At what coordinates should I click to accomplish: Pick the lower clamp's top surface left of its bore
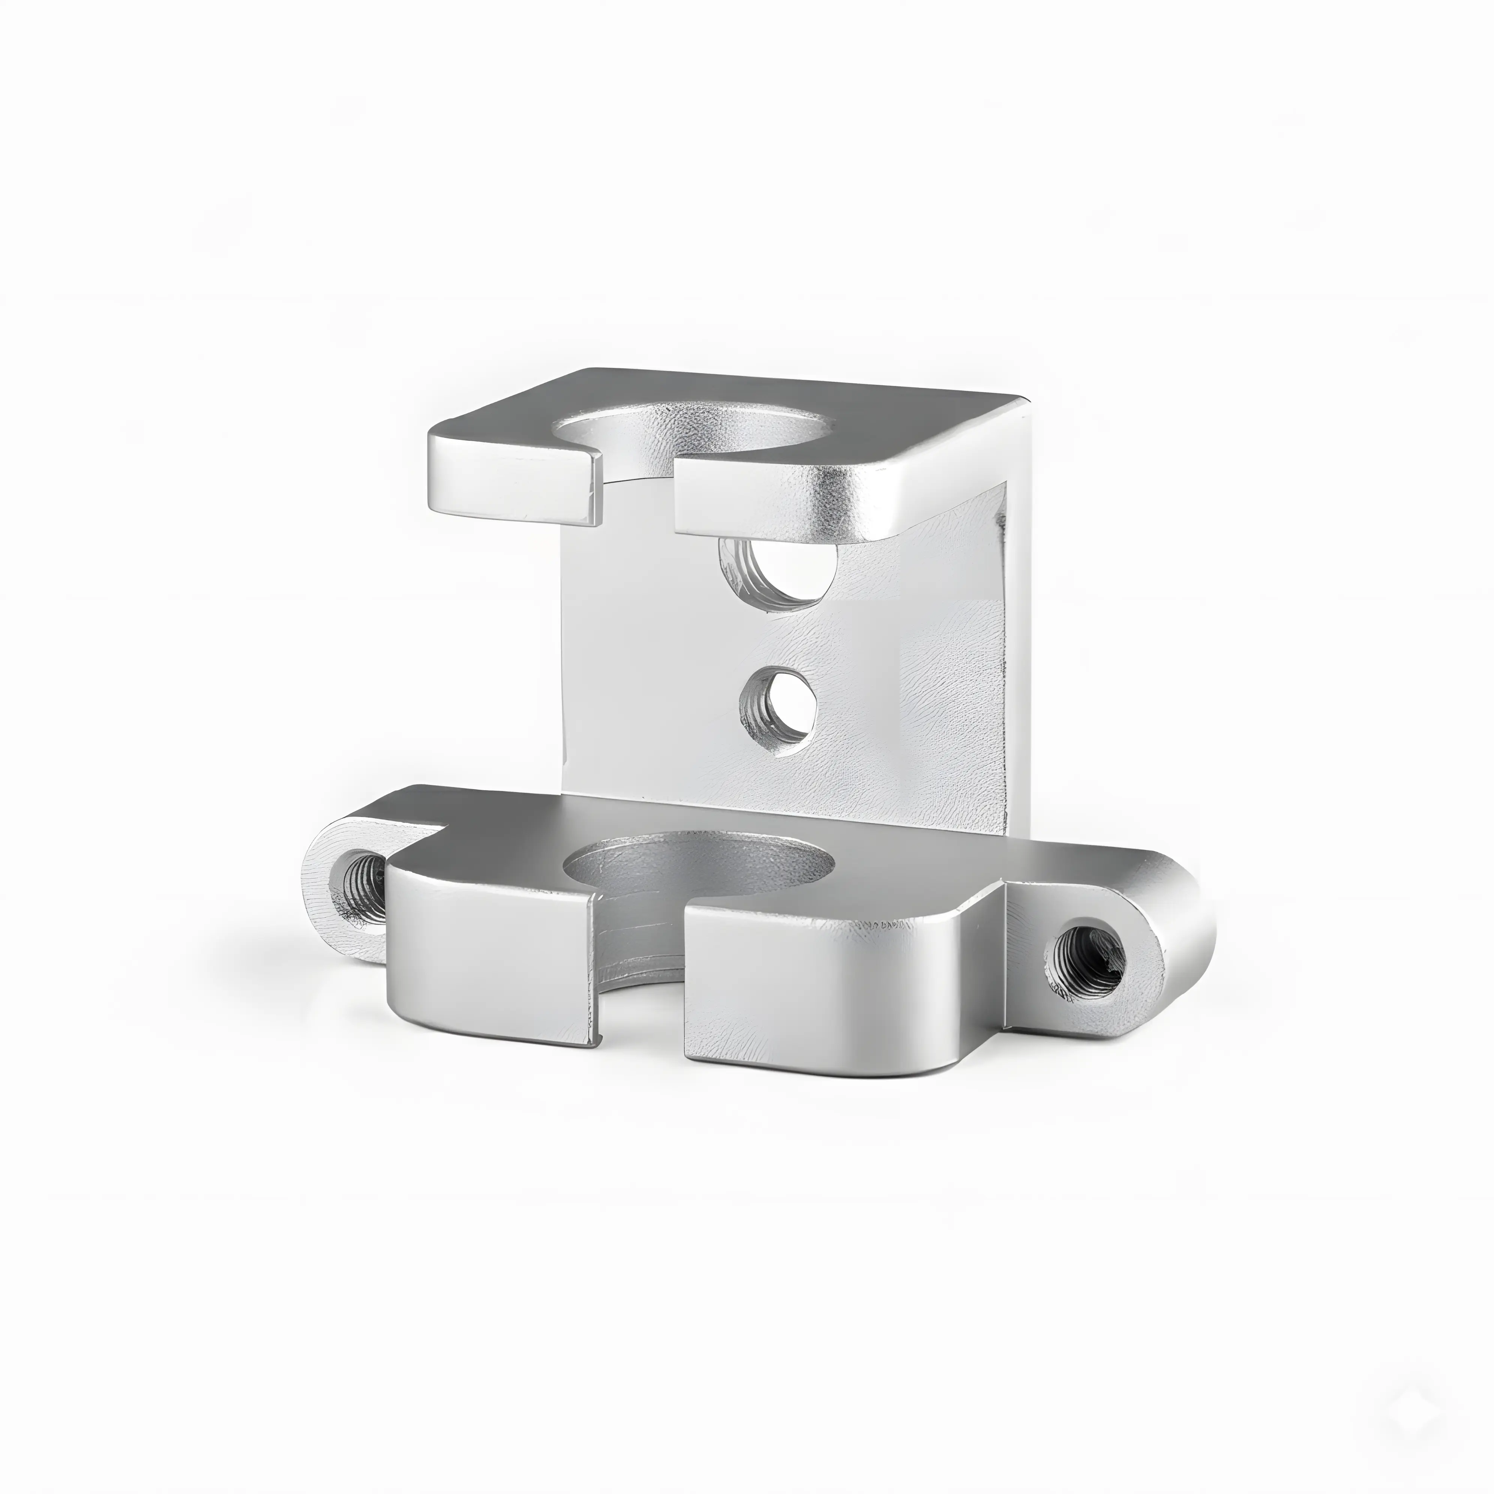(495, 831)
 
